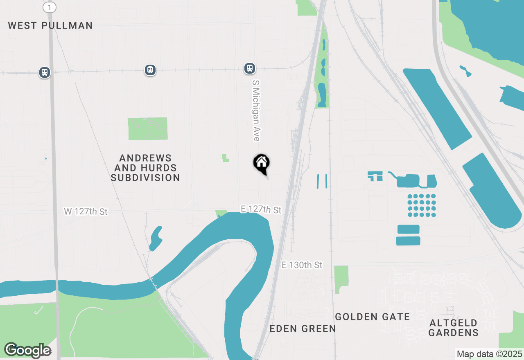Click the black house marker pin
point(261,164)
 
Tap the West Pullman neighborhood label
point(50,25)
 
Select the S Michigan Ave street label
point(256,110)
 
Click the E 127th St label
point(261,209)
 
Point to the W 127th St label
point(86,211)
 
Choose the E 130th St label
point(302,265)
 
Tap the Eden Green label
point(303,328)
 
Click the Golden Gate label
point(372,317)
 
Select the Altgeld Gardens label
point(453,328)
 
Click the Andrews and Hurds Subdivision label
point(145,168)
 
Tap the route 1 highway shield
point(50,7)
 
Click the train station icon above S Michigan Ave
point(250,68)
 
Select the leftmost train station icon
point(44,72)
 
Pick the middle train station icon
point(150,70)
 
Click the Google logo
point(27,350)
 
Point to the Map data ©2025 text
point(489,354)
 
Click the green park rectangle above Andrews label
point(147,128)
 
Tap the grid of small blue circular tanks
point(422,205)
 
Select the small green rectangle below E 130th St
point(341,279)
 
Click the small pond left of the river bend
point(156,239)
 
